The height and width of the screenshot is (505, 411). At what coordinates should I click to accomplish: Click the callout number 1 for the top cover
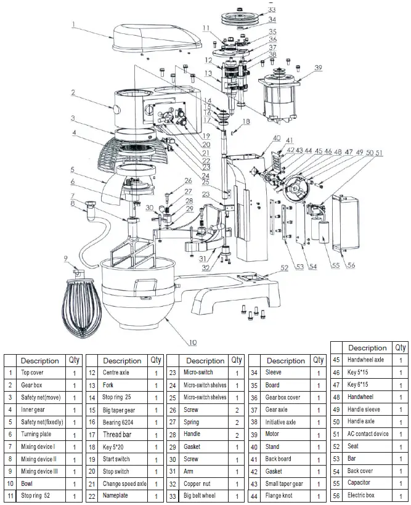point(73,25)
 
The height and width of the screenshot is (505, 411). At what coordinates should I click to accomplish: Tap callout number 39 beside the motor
point(318,67)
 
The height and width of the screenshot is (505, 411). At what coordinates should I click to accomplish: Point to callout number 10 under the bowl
point(192,342)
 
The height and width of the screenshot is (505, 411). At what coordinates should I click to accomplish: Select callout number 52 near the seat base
point(284,267)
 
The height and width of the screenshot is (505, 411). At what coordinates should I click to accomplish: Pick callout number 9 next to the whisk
point(66,259)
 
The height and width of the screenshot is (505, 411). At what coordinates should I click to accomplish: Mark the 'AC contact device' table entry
point(369,434)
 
